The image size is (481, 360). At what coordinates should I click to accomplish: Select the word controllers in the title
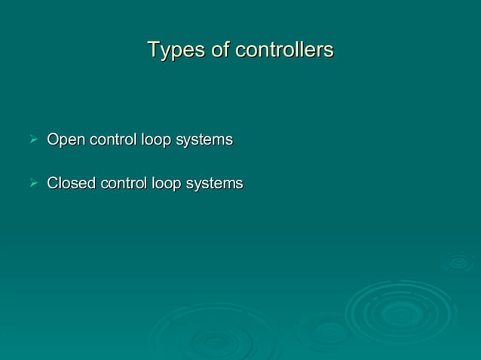[284, 50]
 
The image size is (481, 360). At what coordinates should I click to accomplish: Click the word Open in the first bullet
[66, 140]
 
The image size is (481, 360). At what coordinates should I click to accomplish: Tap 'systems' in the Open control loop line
[204, 140]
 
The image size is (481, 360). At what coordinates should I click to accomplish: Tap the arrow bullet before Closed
[32, 183]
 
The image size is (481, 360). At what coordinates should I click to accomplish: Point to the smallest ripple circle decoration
[458, 261]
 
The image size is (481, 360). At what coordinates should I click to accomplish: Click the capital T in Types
[154, 50]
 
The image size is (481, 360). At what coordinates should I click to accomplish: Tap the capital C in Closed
[53, 183]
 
